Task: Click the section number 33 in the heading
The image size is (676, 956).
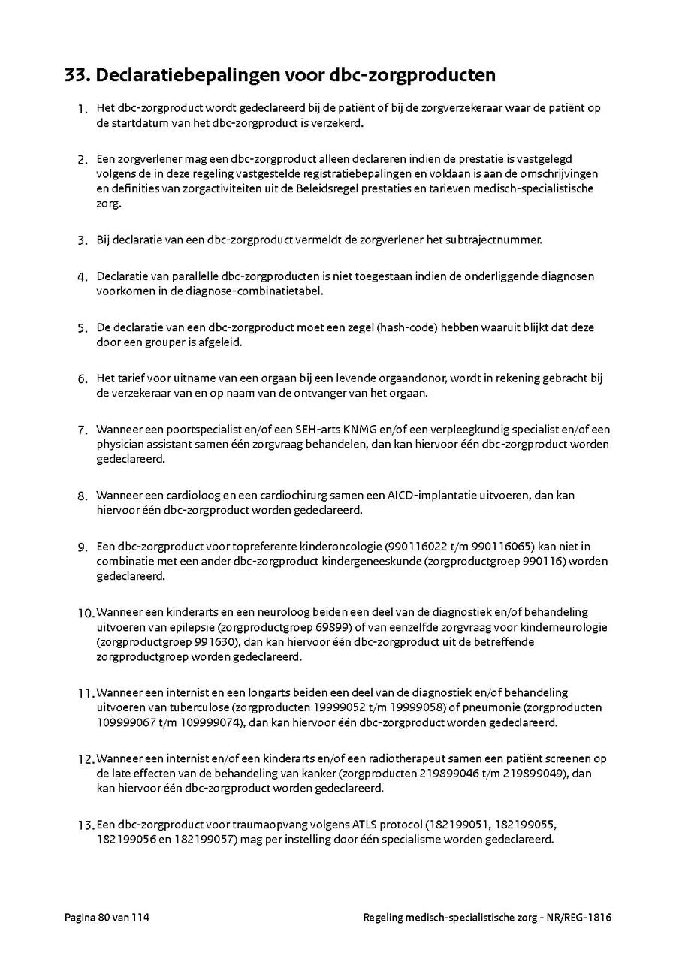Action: [77, 76]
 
